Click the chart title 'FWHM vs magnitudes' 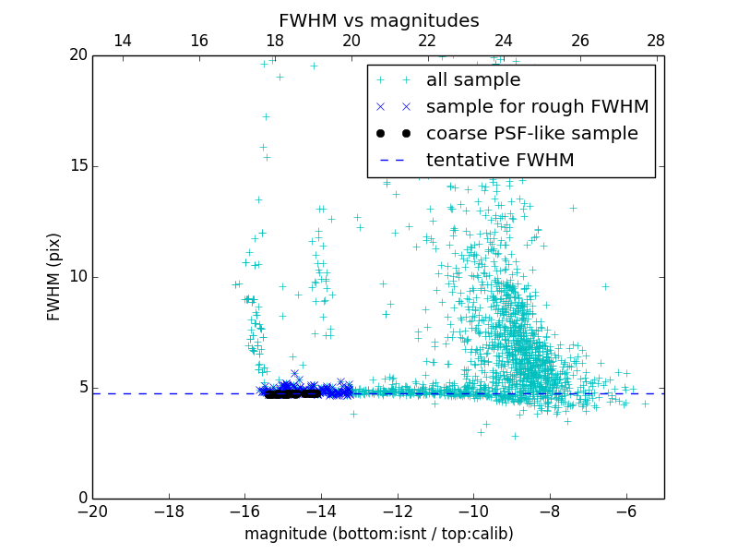378,20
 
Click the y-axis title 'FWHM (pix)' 54,277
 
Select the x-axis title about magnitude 378,534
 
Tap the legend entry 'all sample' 472,80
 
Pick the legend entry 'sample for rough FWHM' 537,107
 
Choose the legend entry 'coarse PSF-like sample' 531,134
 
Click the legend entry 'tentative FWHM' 500,161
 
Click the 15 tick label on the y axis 77,166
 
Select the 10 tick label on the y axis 77,277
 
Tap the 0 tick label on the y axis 82,499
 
